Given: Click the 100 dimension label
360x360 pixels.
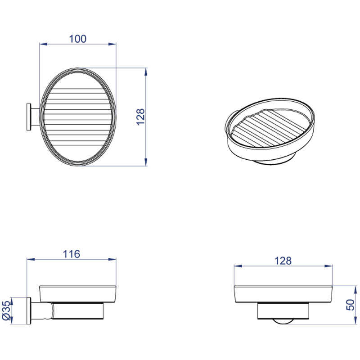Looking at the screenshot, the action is click(77, 39).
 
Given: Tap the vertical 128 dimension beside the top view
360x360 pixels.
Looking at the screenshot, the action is click(140, 117).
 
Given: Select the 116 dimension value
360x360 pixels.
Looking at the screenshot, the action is click(72, 254).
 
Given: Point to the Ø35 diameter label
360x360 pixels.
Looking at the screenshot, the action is click(6, 310).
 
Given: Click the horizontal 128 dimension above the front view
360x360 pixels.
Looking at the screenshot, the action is click(283, 261).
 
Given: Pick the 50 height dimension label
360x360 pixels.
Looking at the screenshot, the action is click(351, 305).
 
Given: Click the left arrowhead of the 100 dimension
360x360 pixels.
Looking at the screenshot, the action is click(43, 44).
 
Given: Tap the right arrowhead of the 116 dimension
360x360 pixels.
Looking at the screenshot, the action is click(112, 260).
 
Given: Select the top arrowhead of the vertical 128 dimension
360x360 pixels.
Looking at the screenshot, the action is click(145, 72).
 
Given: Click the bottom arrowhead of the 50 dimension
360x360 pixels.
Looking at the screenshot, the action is click(355, 320).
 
